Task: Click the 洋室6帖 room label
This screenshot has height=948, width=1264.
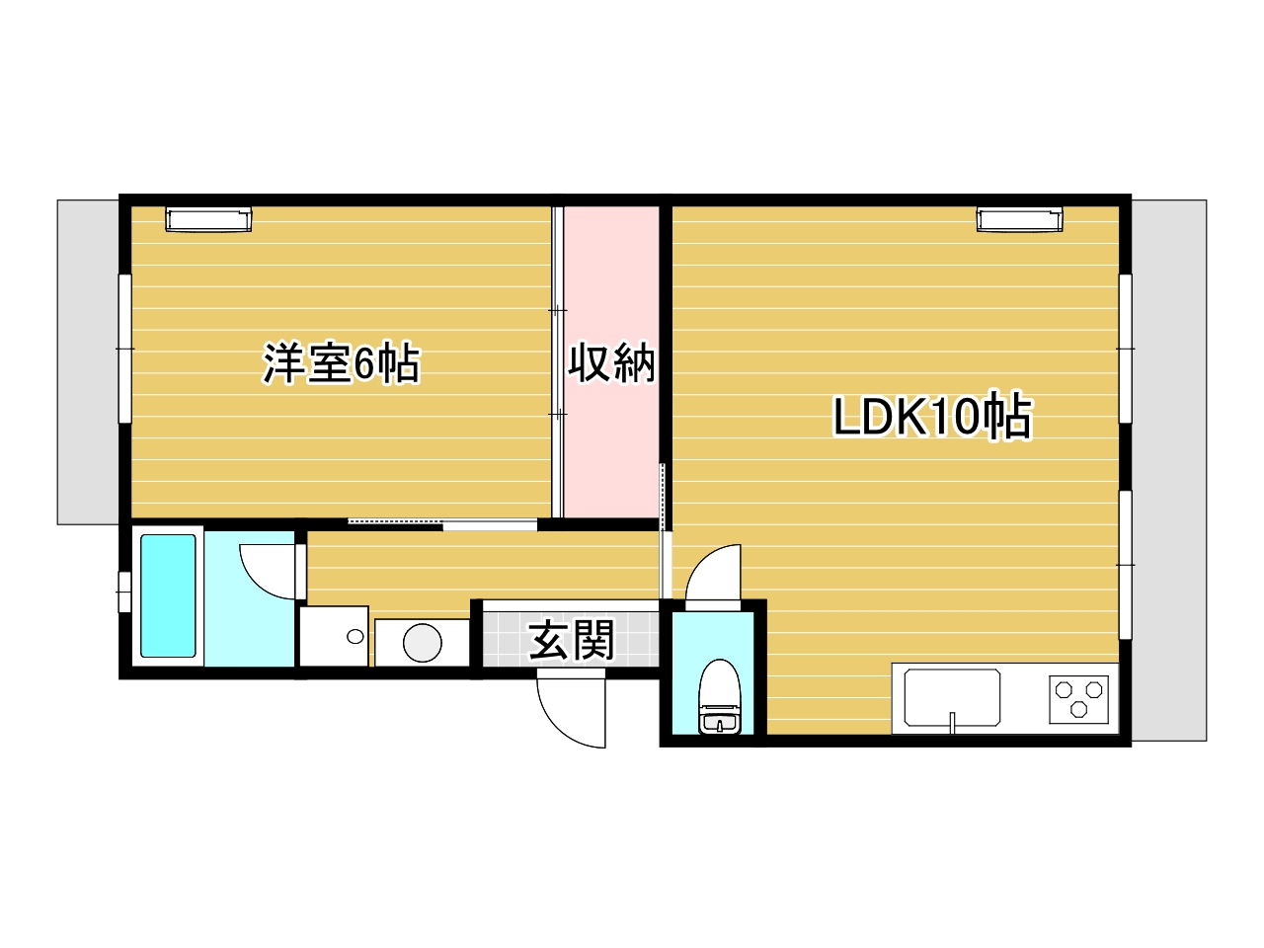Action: click(342, 363)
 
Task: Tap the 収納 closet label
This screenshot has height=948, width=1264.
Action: click(611, 362)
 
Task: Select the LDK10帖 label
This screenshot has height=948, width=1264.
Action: click(933, 417)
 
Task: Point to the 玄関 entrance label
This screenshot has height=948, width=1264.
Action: click(572, 640)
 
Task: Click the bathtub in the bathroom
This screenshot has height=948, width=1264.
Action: click(168, 595)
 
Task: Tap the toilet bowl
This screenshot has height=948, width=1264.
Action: click(719, 696)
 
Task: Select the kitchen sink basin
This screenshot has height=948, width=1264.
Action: click(953, 697)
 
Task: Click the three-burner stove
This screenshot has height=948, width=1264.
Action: click(1079, 699)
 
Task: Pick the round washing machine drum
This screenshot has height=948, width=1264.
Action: click(422, 642)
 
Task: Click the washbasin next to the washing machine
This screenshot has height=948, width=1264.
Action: click(334, 636)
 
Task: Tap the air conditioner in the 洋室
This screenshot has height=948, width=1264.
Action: click(208, 220)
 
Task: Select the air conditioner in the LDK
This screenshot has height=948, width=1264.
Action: click(1019, 220)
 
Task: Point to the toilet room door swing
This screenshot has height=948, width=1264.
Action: click(713, 573)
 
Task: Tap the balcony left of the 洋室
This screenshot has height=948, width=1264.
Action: click(88, 362)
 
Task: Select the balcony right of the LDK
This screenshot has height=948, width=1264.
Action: click(1169, 470)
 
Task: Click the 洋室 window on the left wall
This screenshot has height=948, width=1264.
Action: click(125, 349)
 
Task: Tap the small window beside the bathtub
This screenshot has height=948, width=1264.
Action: click(123, 592)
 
